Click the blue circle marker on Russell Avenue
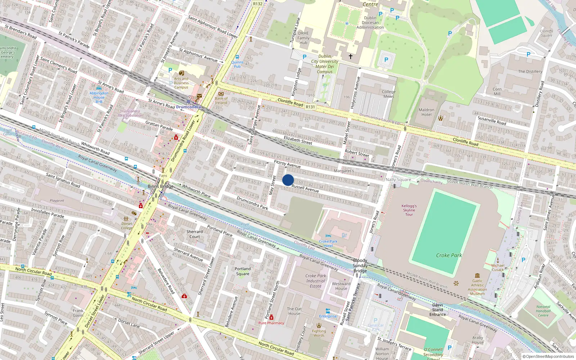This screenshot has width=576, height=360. pos(288,180)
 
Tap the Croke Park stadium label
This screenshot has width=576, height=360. pos(449,255)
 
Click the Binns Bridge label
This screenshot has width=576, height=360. pos(161,186)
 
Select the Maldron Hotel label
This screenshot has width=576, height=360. pos(426,112)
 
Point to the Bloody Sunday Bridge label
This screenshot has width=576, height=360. pos(360,266)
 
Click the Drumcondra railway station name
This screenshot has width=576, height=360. pos(188,107)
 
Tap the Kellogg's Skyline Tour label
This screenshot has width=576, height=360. pos(409,210)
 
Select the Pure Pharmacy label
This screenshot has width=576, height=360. pos(271,323)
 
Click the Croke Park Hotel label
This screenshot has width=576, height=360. pos(328,244)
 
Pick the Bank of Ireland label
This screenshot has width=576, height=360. pos(221,100)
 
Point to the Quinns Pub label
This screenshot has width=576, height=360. pos(237,64)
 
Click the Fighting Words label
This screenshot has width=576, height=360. pos(319,333)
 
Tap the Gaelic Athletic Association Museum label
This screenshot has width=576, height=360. pos(477,287)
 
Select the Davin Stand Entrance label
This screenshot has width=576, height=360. pos(437,310)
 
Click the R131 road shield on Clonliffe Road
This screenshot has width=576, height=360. pos(310,107)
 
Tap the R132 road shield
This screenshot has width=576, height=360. pos(258,4)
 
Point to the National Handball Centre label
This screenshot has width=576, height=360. pos(543,311)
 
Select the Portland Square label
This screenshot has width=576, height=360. pos(243,271)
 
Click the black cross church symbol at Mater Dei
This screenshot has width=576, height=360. pos(350,57)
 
